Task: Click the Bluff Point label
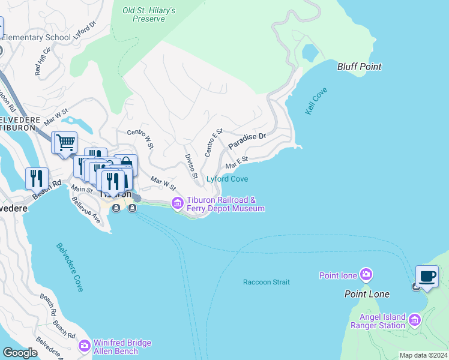pos(360,67)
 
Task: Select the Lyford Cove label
pos(227,179)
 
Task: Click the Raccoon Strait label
pos(266,282)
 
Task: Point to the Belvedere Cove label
pos(70,267)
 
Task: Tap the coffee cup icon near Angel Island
pos(427,276)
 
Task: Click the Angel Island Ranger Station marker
pos(414,321)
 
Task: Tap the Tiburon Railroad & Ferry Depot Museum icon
pos(177,204)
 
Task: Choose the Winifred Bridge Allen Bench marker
pos(84,347)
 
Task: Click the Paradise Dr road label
pos(246,141)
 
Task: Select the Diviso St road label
pos(191,166)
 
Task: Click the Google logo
pos(20,353)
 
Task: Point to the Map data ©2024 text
pos(423,355)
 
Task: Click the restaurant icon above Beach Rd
pos(37,178)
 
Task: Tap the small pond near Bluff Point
pos(310,52)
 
